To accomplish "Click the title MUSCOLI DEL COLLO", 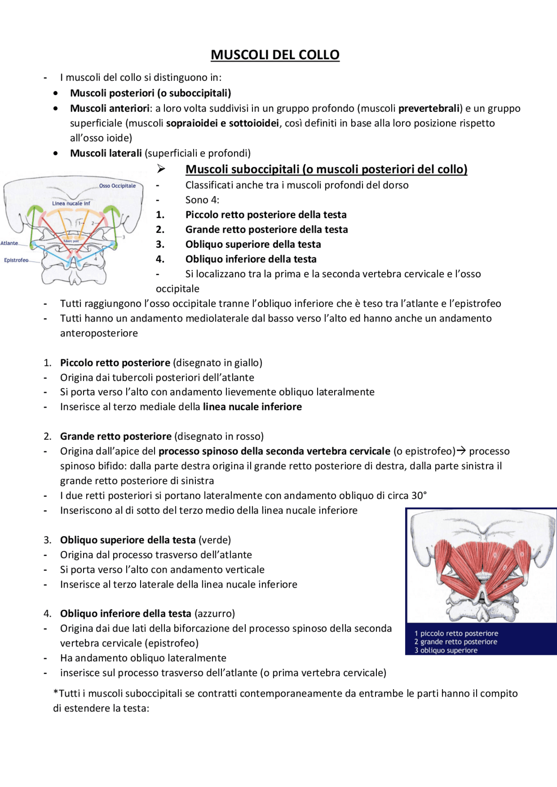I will coord(275,55).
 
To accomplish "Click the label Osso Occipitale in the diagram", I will coord(117,186).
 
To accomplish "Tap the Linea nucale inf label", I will coord(71,203).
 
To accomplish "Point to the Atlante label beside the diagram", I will coord(9,243).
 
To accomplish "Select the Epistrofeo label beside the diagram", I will coord(16,260).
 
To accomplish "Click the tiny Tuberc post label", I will coord(71,241).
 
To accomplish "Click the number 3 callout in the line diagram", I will coord(124,237).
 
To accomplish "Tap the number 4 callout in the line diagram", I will coord(95,259).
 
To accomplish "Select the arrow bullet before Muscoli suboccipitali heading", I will coord(161,169).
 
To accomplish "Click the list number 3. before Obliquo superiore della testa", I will coord(160,244).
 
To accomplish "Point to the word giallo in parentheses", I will coord(247,363).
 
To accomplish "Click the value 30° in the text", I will coord(419,495).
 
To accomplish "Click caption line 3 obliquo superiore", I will coord(446,651).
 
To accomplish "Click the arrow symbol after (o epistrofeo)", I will coord(461,451).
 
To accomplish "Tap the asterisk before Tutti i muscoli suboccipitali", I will coord(56,694).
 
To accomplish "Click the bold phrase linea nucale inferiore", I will coord(252,407).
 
